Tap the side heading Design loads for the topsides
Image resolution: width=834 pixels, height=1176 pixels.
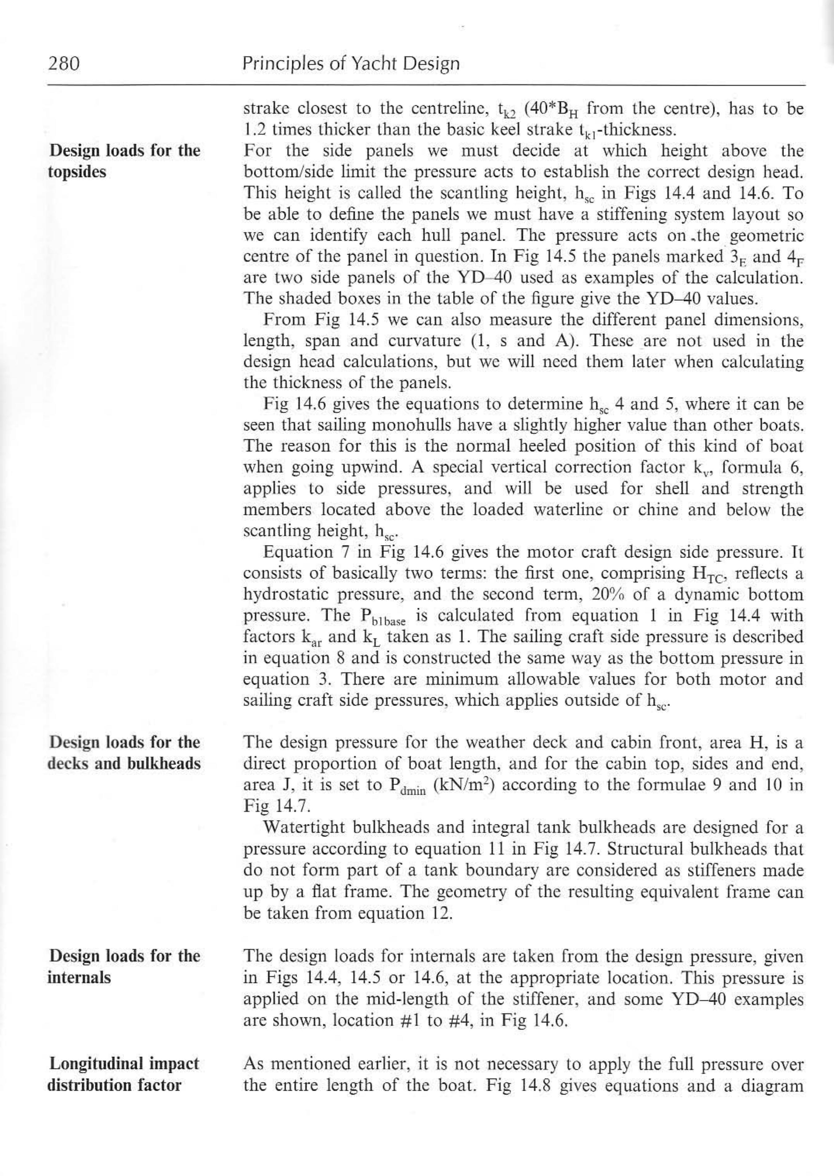pos(124,161)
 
